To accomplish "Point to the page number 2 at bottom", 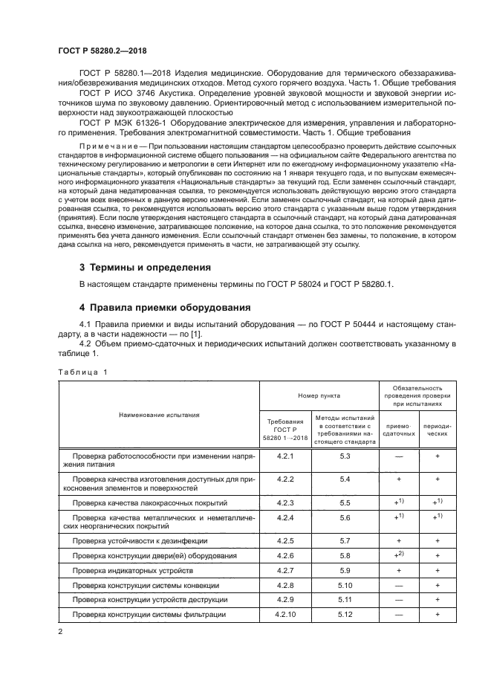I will coord(61,632).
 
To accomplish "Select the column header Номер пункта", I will coord(319,396).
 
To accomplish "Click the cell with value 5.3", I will coord(344,455).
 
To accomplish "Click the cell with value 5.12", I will coord(344,614).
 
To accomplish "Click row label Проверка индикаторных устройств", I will coord(132,570).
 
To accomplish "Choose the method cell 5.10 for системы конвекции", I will coord(344,585).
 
